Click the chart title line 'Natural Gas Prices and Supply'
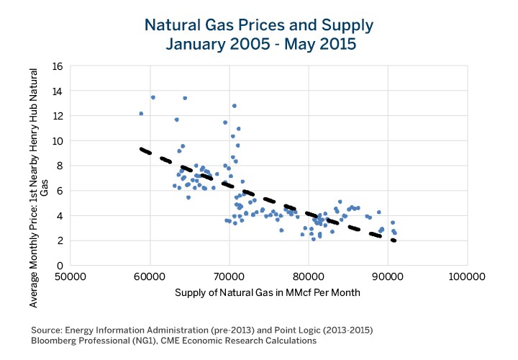259,27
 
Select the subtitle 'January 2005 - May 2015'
259,44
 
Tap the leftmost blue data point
141,114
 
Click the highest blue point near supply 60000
153,97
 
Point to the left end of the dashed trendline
141,149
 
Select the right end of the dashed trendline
394,240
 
